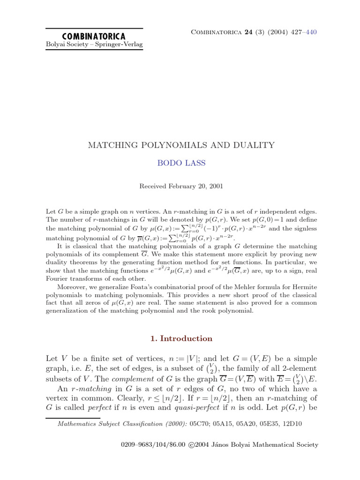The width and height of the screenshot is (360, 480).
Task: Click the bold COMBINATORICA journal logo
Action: [94, 36]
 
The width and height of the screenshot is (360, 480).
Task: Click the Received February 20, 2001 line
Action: [181, 186]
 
